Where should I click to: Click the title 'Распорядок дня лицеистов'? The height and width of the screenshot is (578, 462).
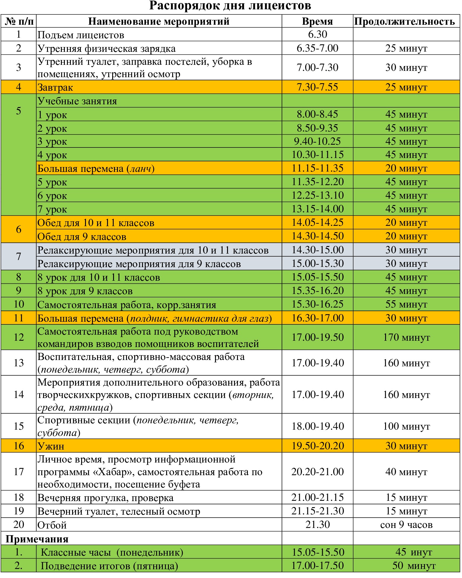[230, 6]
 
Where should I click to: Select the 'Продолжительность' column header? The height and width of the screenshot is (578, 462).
[404, 21]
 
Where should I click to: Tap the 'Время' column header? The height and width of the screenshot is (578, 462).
[317, 21]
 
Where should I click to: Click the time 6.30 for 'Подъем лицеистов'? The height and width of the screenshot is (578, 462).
[318, 34]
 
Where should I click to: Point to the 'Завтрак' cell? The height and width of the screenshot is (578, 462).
[55, 87]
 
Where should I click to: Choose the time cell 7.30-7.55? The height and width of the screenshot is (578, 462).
[317, 87]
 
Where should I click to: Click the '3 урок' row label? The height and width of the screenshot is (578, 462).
[52, 141]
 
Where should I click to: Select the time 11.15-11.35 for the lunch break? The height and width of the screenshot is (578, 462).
[317, 168]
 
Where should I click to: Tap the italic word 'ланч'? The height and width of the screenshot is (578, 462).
[140, 169]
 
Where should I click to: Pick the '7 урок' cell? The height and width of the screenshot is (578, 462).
[52, 209]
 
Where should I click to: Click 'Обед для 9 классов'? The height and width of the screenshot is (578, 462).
[82, 237]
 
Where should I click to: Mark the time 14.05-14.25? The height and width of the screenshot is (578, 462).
[317, 223]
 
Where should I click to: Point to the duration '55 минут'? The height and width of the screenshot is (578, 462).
[406, 304]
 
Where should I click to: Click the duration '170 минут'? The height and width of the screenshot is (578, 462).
[406, 337]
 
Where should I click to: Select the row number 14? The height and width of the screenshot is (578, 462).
[19, 394]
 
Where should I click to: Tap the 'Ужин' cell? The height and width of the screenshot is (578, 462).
[51, 446]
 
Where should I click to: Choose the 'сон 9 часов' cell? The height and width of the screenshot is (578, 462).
[406, 525]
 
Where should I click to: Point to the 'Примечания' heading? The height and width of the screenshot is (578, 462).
[37, 539]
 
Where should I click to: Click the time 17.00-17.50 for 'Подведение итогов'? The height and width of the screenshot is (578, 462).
[317, 565]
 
